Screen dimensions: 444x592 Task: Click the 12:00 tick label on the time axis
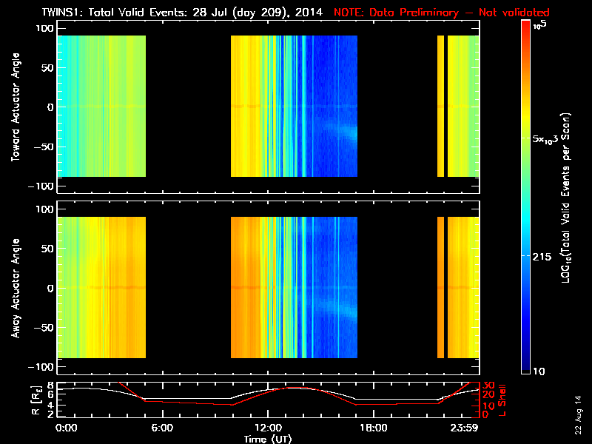point(268,428)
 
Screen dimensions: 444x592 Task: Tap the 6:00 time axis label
point(163,428)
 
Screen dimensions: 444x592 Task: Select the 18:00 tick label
point(373,428)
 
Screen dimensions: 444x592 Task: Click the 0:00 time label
point(67,428)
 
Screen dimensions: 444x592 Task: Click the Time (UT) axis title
point(268,438)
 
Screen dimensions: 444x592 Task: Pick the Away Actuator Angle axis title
point(14,289)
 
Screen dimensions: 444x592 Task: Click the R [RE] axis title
point(14,400)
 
